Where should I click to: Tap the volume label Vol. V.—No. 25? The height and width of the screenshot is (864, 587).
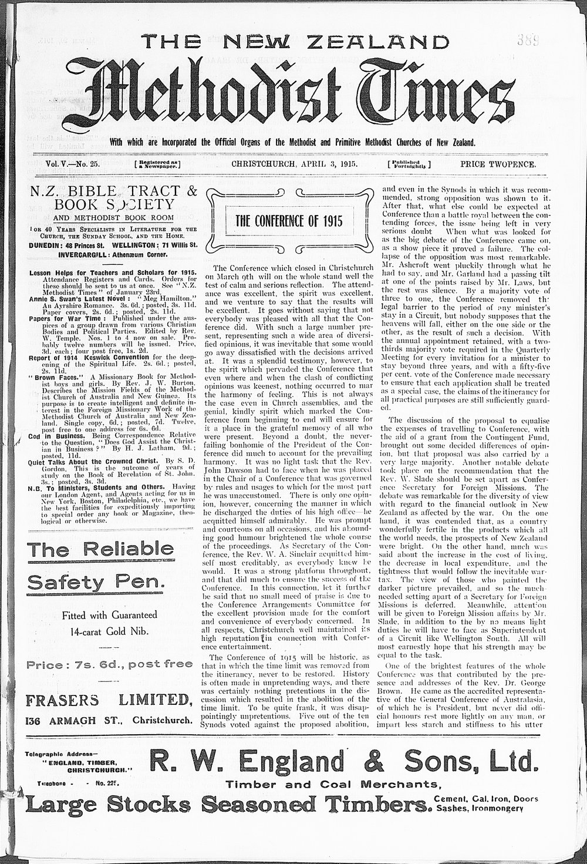[x=72, y=164]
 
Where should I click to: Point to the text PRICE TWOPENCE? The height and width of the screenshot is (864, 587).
[x=498, y=164]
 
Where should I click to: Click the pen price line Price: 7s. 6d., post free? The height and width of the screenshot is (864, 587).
[x=110, y=664]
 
